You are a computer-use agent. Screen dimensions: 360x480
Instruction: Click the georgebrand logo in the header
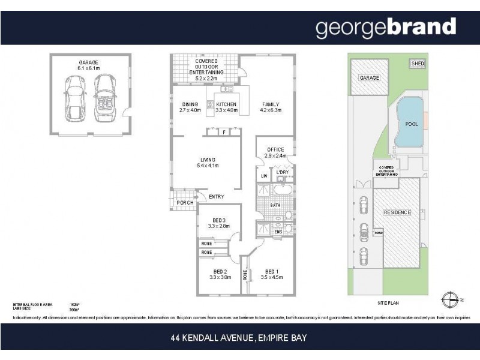pos(386,28)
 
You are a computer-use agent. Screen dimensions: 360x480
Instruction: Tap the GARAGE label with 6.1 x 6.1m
pos(88,65)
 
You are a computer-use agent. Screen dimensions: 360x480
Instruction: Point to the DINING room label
pos(190,107)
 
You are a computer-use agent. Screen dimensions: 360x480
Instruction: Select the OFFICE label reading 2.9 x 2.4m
pos(276,152)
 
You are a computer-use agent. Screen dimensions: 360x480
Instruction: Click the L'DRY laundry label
pos(282,173)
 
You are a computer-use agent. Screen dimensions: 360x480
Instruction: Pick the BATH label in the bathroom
pos(275,205)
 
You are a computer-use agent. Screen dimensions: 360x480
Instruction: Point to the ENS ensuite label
pos(278,232)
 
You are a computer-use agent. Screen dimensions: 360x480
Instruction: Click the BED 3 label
pos(219,223)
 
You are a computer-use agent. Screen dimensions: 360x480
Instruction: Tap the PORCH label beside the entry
pos(185,203)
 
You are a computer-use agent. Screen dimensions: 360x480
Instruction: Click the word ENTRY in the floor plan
pos(217,197)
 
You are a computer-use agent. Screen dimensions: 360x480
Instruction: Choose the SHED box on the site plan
pos(416,63)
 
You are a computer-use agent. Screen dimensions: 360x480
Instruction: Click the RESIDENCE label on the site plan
pos(397,212)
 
